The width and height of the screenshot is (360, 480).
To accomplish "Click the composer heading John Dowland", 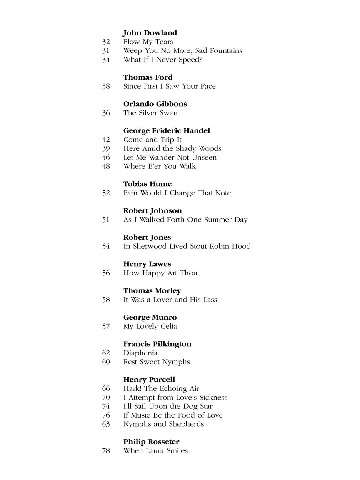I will click(150, 33).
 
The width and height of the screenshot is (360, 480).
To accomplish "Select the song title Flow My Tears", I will click(148, 42).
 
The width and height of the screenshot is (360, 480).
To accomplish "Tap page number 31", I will click(106, 51).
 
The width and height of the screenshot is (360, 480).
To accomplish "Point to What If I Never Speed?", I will click(162, 60).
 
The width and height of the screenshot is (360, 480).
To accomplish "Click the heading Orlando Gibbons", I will click(155, 104).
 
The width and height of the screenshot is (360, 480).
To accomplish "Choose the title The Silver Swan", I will click(150, 113).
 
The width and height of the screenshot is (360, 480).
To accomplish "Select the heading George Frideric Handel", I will click(167, 131).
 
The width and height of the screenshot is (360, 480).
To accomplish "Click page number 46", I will click(106, 157).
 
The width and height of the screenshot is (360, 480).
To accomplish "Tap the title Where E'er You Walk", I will click(160, 166).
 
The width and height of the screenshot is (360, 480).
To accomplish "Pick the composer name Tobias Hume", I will click(147, 184).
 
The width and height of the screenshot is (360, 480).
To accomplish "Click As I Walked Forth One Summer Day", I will click(185, 220).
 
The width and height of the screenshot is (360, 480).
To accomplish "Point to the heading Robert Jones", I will click(147, 237).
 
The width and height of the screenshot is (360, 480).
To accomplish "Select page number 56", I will click(106, 273).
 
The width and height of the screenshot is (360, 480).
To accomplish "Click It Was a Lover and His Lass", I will click(170, 300).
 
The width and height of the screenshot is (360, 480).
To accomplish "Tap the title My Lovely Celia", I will click(150, 326).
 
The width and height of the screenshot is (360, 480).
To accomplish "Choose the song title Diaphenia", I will click(140, 353).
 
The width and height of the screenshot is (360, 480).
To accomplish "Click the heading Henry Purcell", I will click(149, 380).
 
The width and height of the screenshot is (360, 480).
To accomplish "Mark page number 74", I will click(106, 406).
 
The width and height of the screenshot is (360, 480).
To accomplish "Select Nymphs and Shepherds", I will click(163, 424).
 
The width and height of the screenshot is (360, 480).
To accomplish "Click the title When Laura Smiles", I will click(155, 451).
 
